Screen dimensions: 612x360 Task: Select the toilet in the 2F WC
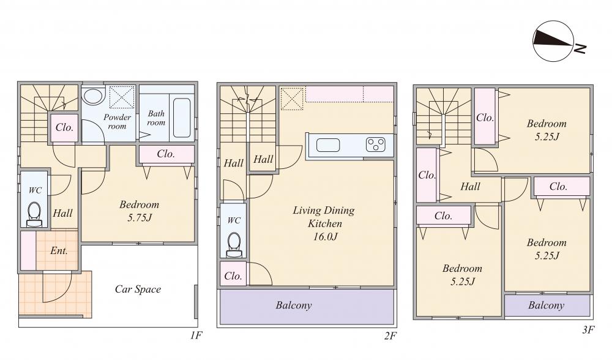click(234, 245)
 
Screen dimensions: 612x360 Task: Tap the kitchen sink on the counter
click(328, 145)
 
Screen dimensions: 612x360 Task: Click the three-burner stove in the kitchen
click(376, 144)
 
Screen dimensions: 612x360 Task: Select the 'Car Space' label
click(138, 290)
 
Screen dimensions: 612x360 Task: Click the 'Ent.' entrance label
click(59, 250)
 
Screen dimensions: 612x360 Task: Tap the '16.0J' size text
click(325, 236)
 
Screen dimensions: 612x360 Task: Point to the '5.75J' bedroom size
click(140, 217)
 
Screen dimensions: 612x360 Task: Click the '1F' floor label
click(196, 336)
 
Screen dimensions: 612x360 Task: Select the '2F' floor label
click(390, 336)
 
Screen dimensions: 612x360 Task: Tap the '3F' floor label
click(588, 331)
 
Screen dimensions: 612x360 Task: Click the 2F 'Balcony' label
click(294, 306)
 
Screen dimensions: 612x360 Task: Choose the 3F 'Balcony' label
click(547, 306)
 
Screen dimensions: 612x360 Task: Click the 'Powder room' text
click(117, 121)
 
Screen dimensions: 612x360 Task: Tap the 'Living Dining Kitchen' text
click(324, 217)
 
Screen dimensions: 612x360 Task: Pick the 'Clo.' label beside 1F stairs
click(64, 127)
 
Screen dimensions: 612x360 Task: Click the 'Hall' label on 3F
click(470, 187)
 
